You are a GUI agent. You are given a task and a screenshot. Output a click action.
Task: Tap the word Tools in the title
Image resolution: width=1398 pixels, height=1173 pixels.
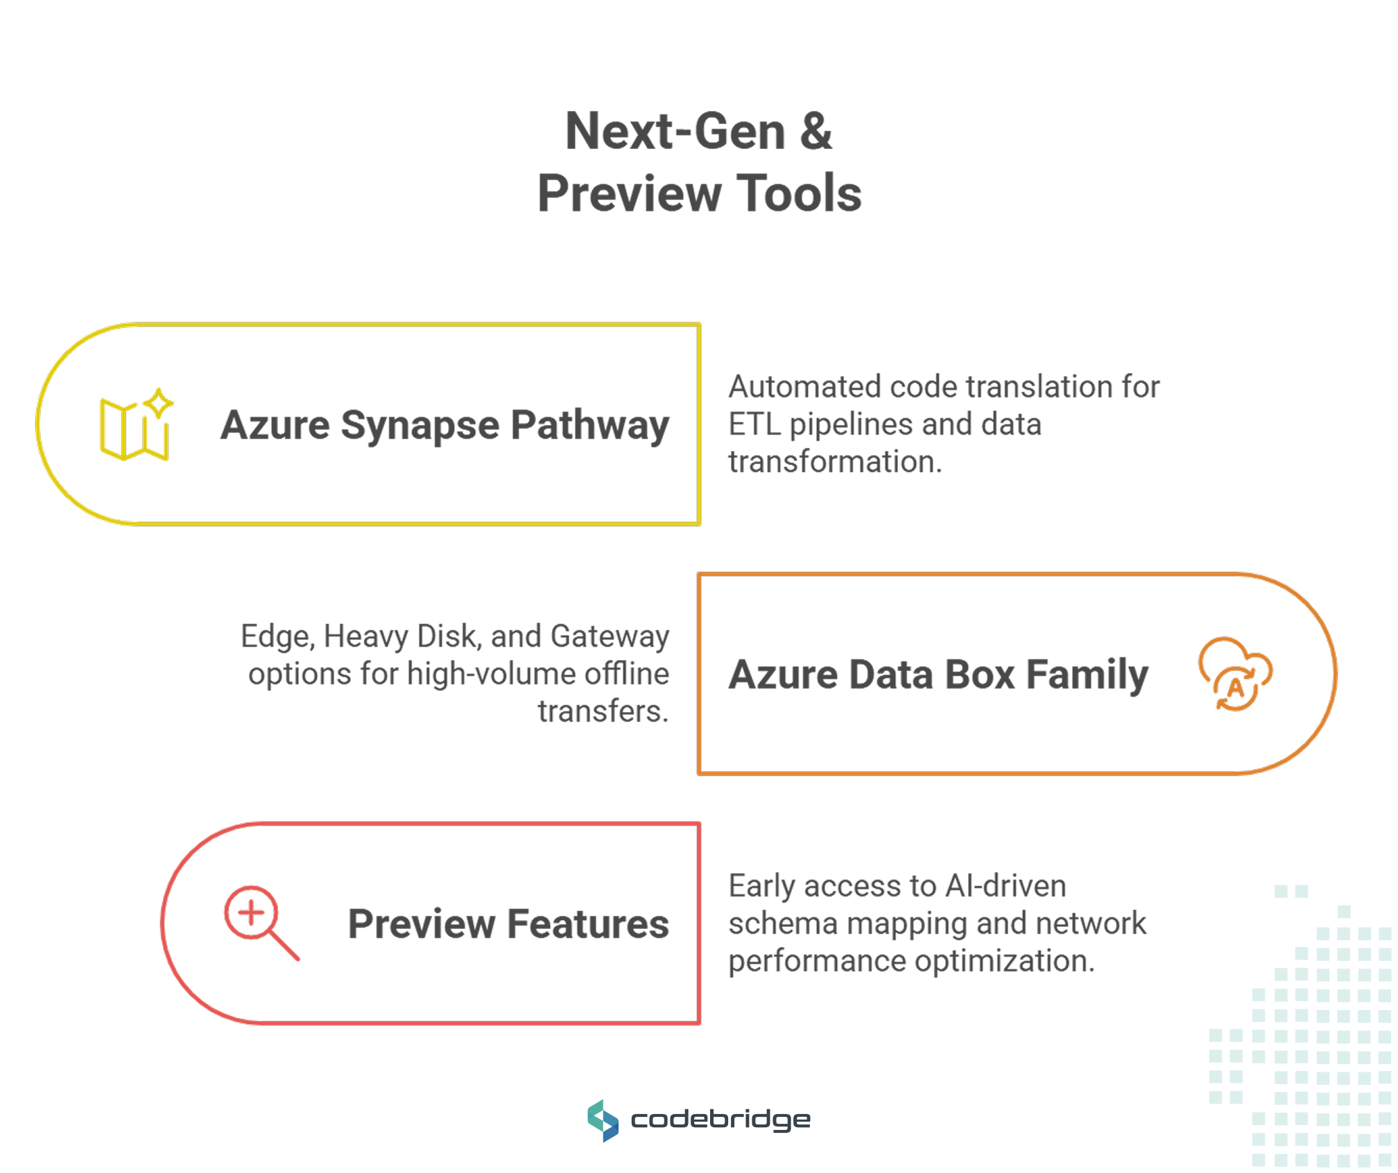(798, 193)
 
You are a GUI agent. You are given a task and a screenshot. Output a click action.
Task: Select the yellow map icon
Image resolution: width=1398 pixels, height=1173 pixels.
(136, 425)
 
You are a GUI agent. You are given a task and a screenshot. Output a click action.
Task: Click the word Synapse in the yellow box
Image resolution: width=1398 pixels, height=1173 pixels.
(420, 425)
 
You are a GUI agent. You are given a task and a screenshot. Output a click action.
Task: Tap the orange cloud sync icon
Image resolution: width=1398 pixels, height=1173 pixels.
(1235, 674)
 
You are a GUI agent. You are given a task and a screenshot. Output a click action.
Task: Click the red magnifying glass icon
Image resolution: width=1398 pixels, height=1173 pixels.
(260, 922)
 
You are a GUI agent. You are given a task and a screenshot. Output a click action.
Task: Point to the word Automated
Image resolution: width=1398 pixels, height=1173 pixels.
(804, 387)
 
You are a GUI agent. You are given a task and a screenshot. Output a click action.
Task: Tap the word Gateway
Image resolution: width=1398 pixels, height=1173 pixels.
(610, 636)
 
